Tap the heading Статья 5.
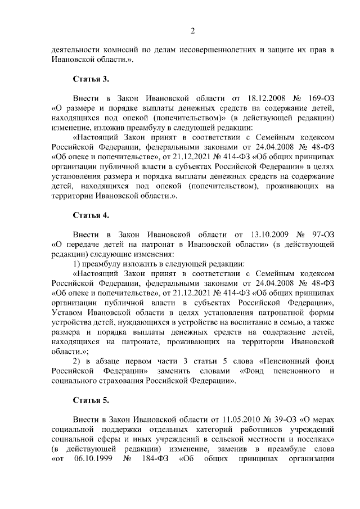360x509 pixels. tap(87, 400)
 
